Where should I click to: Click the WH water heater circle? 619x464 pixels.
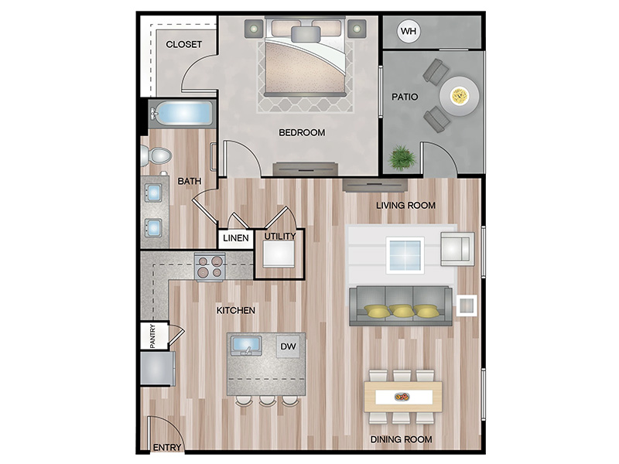click(409, 31)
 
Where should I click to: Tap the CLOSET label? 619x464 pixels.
click(183, 44)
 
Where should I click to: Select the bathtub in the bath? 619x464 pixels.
click(183, 114)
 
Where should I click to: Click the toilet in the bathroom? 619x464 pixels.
click(156, 155)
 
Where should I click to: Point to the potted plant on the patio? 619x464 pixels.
click(402, 158)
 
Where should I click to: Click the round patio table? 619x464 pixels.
click(460, 96)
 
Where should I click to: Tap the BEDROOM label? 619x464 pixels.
click(302, 132)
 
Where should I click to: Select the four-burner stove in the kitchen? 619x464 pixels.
click(210, 267)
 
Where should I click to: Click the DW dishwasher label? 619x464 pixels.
click(288, 346)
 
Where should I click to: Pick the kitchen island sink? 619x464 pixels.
click(246, 346)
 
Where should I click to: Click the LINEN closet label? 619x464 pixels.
click(236, 238)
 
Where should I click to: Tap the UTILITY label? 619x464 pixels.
click(280, 236)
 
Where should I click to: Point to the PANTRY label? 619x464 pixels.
click(152, 336)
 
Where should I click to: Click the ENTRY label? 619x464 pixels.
click(167, 448)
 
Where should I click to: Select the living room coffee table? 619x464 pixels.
click(405, 255)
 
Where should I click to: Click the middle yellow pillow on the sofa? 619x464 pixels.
click(402, 311)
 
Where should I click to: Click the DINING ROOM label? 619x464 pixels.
click(401, 439)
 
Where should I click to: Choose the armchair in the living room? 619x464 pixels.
click(457, 249)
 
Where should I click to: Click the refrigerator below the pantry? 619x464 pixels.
click(158, 369)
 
